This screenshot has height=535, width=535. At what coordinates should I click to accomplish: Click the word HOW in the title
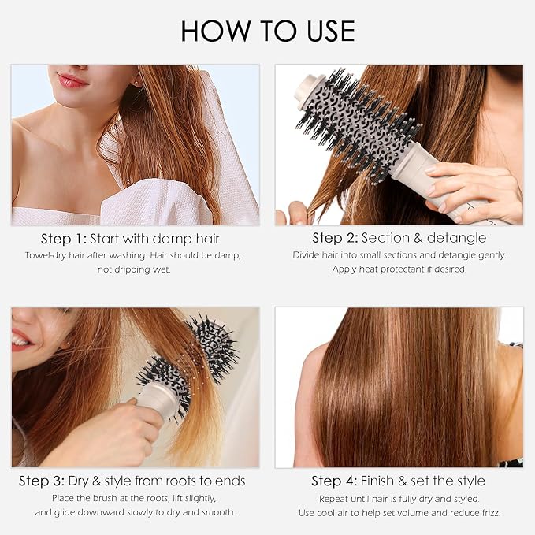(x=216, y=31)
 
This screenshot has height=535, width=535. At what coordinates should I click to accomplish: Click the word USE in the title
(x=331, y=31)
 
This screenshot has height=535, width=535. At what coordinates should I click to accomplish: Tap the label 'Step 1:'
(x=64, y=240)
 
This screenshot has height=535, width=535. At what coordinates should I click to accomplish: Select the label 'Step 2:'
(x=335, y=238)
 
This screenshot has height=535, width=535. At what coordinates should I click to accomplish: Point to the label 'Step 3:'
(x=42, y=481)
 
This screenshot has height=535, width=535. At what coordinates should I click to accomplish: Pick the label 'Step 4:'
(x=334, y=481)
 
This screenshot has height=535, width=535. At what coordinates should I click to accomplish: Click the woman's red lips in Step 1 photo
(x=72, y=80)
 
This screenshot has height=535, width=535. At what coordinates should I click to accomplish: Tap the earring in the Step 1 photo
(x=136, y=83)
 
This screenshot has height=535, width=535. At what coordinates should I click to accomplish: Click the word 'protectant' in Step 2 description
(x=402, y=269)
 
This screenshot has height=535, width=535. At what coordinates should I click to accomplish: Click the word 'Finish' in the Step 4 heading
(x=377, y=481)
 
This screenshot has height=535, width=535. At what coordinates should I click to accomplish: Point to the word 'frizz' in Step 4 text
(x=489, y=513)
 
